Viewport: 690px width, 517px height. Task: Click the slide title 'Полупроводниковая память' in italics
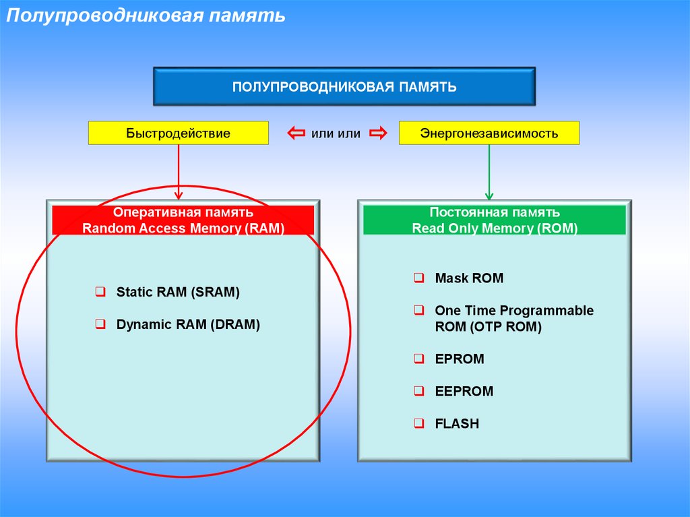tap(146, 16)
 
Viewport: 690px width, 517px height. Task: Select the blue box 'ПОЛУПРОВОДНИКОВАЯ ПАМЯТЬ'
tap(344, 87)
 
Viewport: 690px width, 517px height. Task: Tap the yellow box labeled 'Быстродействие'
tap(178, 133)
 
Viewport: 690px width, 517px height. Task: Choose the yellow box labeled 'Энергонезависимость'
tap(489, 133)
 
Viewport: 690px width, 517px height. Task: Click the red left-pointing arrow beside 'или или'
tap(296, 133)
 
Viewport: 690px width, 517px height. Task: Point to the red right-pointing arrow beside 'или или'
tap(378, 133)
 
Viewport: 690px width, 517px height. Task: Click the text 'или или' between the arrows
tap(336, 133)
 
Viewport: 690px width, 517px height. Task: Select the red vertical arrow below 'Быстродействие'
tap(179, 171)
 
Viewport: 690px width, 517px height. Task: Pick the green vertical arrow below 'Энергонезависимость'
tap(490, 171)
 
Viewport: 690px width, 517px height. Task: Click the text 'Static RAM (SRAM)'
tap(178, 293)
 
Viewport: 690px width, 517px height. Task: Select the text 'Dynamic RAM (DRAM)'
tap(188, 325)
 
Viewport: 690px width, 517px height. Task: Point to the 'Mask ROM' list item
tap(469, 278)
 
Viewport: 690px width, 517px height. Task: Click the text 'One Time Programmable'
tap(514, 311)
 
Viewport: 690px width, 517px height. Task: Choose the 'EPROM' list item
tap(460, 359)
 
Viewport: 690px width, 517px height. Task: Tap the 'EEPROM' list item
tap(464, 392)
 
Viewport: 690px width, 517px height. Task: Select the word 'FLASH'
tap(457, 424)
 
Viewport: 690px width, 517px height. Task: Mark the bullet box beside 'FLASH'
tap(418, 424)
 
